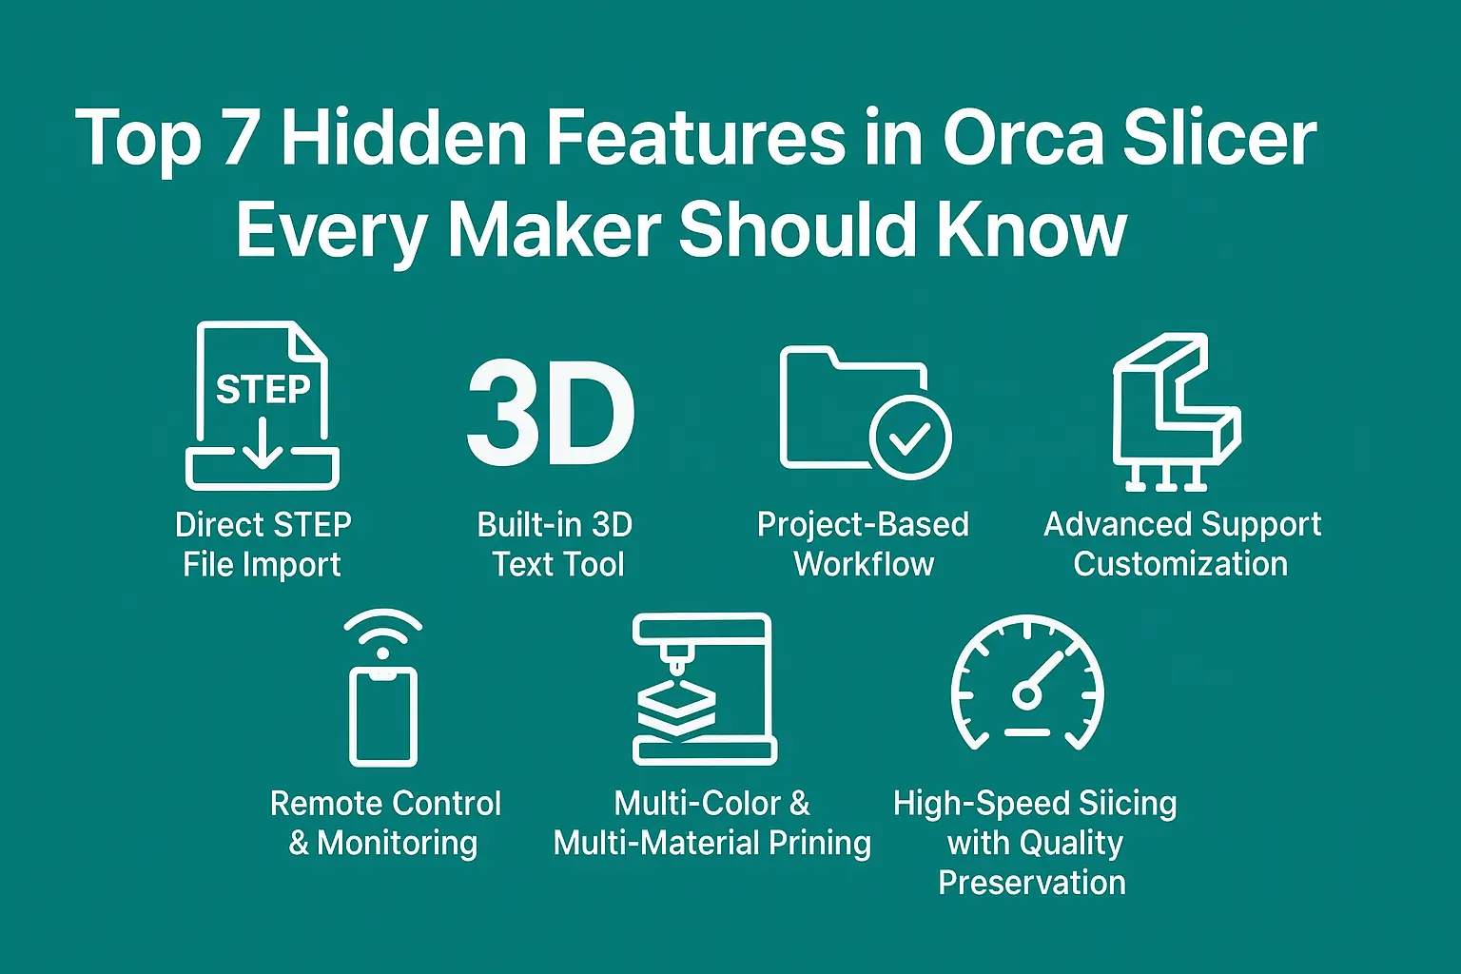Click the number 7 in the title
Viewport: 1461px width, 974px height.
(x=240, y=137)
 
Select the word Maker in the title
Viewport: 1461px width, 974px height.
(x=554, y=229)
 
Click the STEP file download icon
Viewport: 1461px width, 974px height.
(x=263, y=406)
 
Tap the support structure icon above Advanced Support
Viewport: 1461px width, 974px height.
(x=1176, y=412)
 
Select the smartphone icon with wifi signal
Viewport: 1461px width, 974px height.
(x=382, y=713)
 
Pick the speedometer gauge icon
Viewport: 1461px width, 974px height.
(x=1027, y=682)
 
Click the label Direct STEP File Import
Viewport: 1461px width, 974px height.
(x=263, y=544)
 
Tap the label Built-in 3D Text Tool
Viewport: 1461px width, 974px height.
(x=556, y=544)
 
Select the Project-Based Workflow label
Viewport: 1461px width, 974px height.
(x=863, y=544)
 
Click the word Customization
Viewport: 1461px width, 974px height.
(x=1180, y=564)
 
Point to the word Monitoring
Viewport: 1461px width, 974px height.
(x=398, y=844)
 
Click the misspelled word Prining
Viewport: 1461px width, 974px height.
(x=819, y=844)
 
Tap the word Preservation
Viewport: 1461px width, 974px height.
(x=1032, y=883)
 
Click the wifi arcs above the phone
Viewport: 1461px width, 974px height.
(x=382, y=632)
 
